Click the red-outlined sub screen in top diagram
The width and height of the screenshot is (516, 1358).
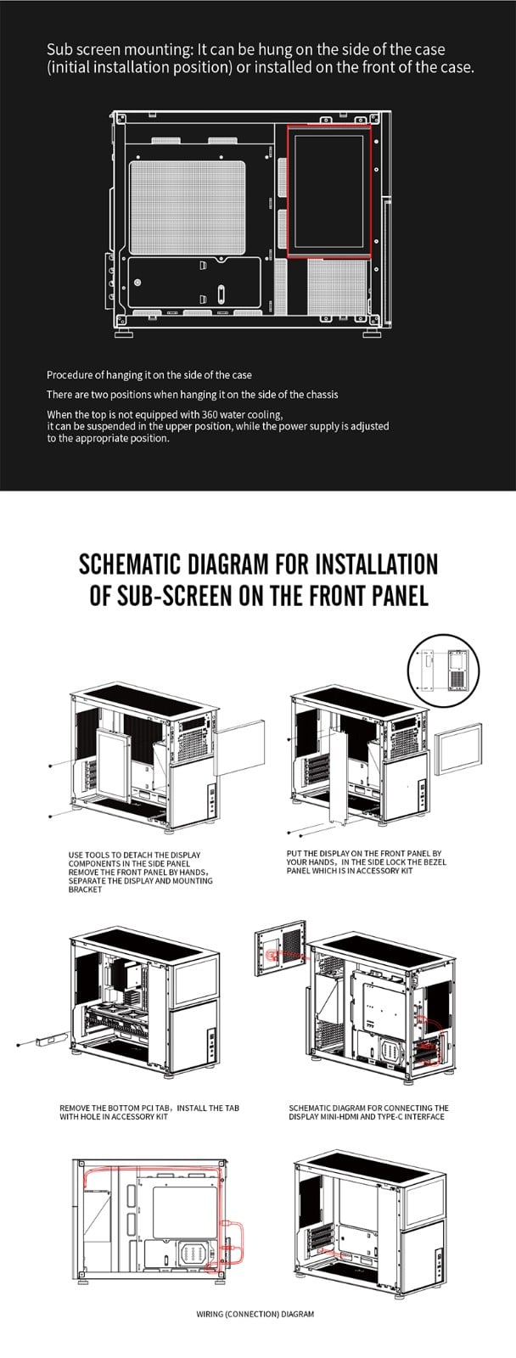pos(329,190)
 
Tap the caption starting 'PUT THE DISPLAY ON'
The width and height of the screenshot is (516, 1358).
pos(366,861)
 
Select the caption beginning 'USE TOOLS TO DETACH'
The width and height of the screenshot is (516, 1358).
pos(140,872)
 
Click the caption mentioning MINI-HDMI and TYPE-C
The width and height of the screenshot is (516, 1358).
pos(368,1112)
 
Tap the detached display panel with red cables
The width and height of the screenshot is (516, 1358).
pos(278,957)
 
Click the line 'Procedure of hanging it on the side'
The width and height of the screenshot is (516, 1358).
pos(149,374)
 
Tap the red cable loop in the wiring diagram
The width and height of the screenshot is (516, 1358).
pos(233,1242)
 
